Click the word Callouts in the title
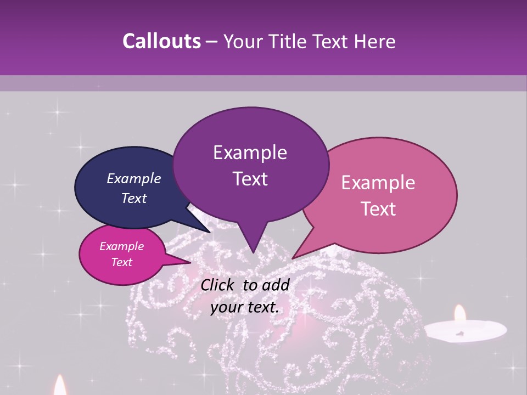point(161,41)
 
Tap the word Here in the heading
point(375,41)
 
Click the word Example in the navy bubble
point(133,178)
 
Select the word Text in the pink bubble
point(378,209)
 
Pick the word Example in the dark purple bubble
point(250,153)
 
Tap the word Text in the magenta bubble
point(122,262)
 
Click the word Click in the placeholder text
point(218,285)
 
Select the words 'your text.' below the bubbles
point(244,308)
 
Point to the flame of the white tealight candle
point(460,313)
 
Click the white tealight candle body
point(466,330)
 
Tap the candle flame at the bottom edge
point(60,386)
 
